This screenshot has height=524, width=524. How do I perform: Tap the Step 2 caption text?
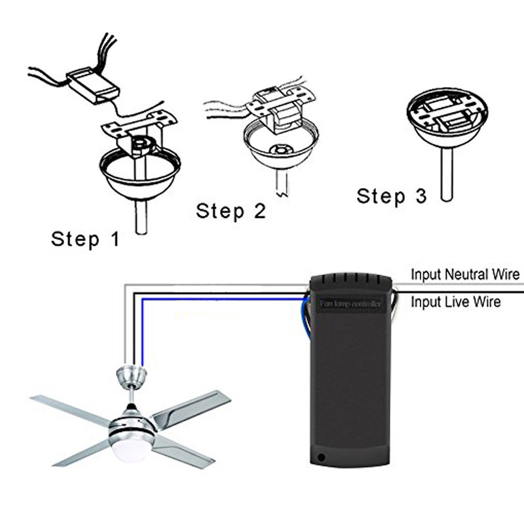(x=231, y=211)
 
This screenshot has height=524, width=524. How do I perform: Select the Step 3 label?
(x=391, y=196)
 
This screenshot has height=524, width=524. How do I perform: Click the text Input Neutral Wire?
(x=465, y=274)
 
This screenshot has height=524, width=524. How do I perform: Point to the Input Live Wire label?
(x=456, y=302)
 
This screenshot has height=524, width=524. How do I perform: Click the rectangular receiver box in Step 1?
(x=92, y=84)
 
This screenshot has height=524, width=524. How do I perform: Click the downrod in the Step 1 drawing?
(x=141, y=216)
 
